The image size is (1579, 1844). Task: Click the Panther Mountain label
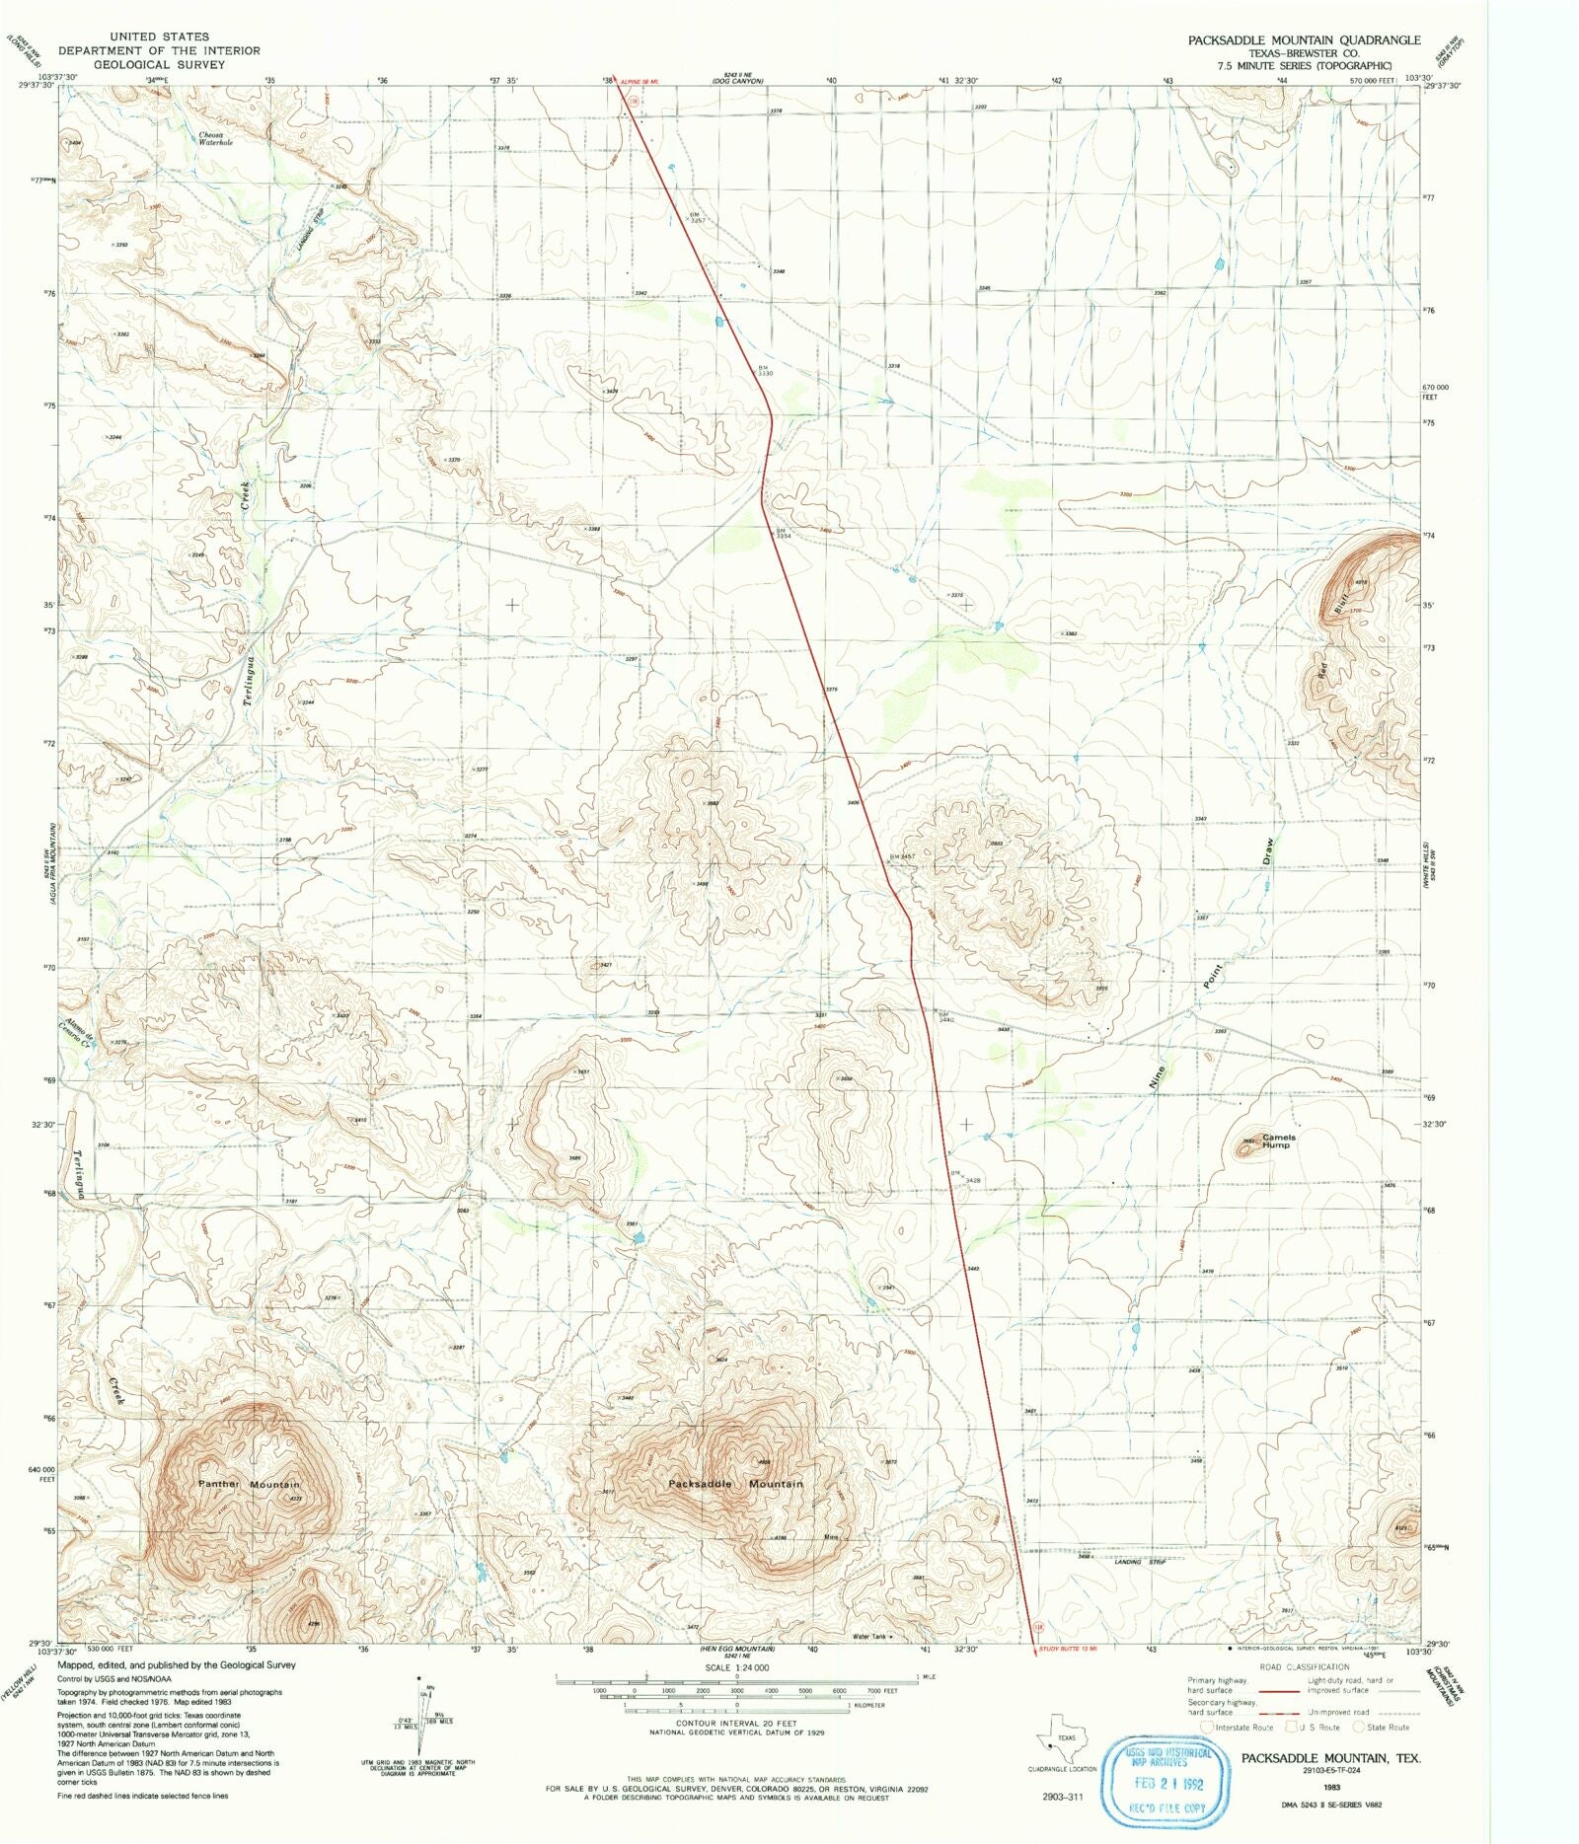pos(249,1484)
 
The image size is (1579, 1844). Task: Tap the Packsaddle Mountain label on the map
pos(735,1483)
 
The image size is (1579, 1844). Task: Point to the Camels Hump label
pos(1277,1141)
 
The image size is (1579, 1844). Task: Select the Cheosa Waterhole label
pos(214,138)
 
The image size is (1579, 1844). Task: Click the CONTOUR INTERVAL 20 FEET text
pos(735,1723)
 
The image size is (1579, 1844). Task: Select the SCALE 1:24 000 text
pos(736,1666)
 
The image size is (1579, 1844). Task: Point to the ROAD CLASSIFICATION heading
pos(1304,1666)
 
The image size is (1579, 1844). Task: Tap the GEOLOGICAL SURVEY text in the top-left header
pos(159,64)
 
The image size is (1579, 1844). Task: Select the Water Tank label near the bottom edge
pos(870,1637)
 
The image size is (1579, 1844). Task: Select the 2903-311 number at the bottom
pos(1062,1797)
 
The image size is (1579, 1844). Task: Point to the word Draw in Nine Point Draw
pos(1269,851)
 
